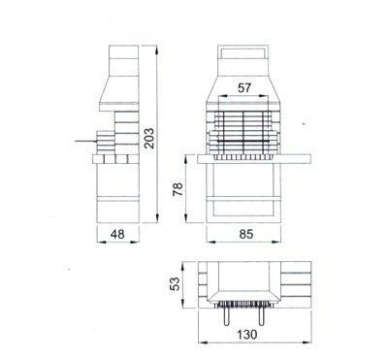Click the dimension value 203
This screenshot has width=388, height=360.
click(149, 139)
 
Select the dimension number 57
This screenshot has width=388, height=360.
click(244, 87)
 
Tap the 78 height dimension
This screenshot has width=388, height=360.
click(178, 189)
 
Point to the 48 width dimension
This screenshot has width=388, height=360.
click(117, 234)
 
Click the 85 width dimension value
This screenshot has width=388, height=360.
click(246, 234)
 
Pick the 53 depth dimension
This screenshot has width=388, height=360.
click(175, 283)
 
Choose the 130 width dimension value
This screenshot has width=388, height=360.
click(247, 335)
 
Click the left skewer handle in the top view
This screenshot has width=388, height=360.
click(226, 315)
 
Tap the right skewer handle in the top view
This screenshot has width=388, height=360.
click(262, 315)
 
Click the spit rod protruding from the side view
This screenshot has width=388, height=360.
click(85, 142)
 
